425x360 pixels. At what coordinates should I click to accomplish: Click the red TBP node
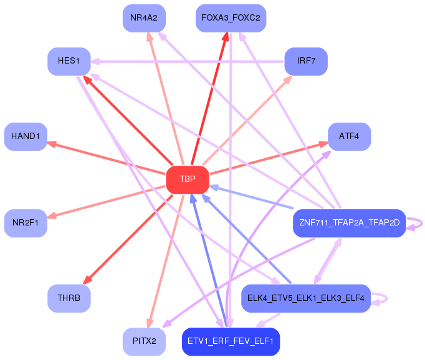tap(187, 179)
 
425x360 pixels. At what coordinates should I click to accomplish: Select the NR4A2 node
tap(143, 17)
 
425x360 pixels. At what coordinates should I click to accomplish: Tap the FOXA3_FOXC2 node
tap(231, 17)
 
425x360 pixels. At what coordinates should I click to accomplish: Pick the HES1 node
tap(69, 61)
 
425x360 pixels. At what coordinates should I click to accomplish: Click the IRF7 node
tap(305, 61)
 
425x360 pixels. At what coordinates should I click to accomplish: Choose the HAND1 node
tap(26, 136)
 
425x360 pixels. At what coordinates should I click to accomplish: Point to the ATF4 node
tap(349, 136)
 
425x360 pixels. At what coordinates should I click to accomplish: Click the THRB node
tap(69, 298)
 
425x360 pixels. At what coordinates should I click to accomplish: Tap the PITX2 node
tap(143, 341)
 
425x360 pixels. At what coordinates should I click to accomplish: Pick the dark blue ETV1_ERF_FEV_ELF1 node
tap(231, 341)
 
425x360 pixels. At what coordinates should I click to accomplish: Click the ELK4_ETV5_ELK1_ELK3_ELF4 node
tap(305, 298)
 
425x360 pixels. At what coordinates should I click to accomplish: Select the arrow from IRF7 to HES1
tap(187, 61)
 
